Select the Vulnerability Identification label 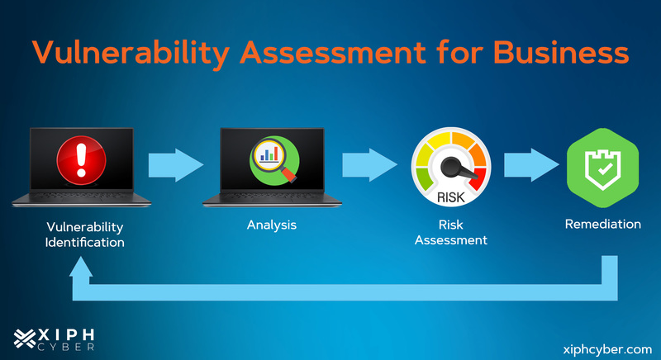[85, 234]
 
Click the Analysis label [271, 225]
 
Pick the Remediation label [602, 224]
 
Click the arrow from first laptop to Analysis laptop [175, 163]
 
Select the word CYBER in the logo [69, 348]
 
